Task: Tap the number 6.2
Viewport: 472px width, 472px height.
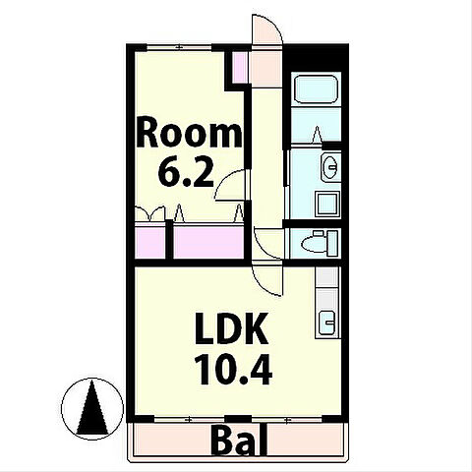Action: [x=186, y=172]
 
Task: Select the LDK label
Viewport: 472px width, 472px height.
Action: [x=232, y=328]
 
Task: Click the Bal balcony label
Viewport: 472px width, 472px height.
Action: [x=240, y=440]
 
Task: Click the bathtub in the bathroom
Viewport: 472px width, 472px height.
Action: [x=317, y=89]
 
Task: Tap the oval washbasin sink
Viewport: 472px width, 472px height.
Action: [x=330, y=167]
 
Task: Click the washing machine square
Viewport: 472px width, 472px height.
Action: [x=327, y=205]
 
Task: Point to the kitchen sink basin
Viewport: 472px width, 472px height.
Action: [x=327, y=323]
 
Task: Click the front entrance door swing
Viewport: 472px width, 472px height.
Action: [x=266, y=29]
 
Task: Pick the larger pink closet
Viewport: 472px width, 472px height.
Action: [x=208, y=242]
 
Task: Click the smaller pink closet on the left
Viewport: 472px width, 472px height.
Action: [x=150, y=241]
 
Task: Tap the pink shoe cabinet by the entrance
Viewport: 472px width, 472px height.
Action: [x=240, y=68]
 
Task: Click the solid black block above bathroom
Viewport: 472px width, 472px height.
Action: [x=316, y=58]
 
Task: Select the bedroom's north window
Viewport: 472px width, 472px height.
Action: [x=179, y=47]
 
